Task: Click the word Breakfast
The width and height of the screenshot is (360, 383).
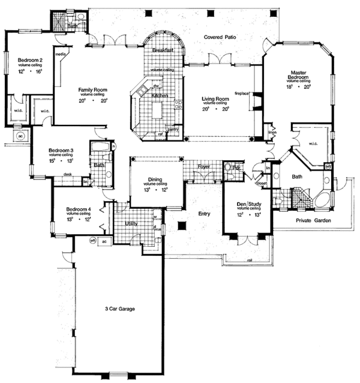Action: (163, 50)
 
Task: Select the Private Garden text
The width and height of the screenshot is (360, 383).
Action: (314, 221)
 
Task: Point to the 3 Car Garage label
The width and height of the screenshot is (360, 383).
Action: (118, 309)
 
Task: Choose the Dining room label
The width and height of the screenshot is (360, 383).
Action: (154, 180)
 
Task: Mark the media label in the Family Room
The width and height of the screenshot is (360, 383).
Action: (60, 53)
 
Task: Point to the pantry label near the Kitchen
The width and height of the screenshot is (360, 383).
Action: (173, 128)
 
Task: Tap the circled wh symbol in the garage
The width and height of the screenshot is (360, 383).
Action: (93, 240)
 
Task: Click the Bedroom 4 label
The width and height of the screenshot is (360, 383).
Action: (78, 210)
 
